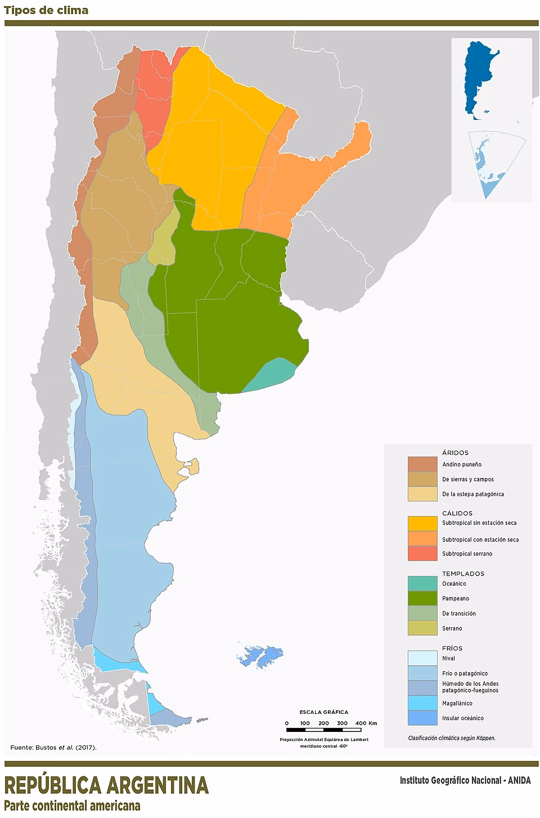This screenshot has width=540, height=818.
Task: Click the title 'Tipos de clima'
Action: [46, 10]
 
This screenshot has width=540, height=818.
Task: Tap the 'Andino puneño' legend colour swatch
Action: [422, 464]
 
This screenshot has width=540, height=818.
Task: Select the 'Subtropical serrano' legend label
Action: [467, 554]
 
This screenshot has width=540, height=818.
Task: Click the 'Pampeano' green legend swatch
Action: [422, 598]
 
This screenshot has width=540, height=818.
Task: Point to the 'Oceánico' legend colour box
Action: [422, 583]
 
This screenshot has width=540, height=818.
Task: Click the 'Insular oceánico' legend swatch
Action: [422, 718]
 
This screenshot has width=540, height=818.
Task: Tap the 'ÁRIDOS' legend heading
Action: [455, 452]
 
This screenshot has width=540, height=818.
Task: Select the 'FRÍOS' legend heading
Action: [452, 648]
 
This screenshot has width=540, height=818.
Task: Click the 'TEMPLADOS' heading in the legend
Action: [463, 574]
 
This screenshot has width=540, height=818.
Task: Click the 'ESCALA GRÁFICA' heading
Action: [323, 712]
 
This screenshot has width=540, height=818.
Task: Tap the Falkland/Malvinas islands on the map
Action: [260, 656]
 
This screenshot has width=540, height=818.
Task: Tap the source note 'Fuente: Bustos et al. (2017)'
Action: [53, 748]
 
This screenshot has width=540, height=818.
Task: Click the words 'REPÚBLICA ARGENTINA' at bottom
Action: [106, 785]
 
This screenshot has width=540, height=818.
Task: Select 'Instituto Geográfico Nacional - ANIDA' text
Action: [465, 780]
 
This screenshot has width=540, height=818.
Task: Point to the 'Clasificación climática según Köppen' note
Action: [452, 738]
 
